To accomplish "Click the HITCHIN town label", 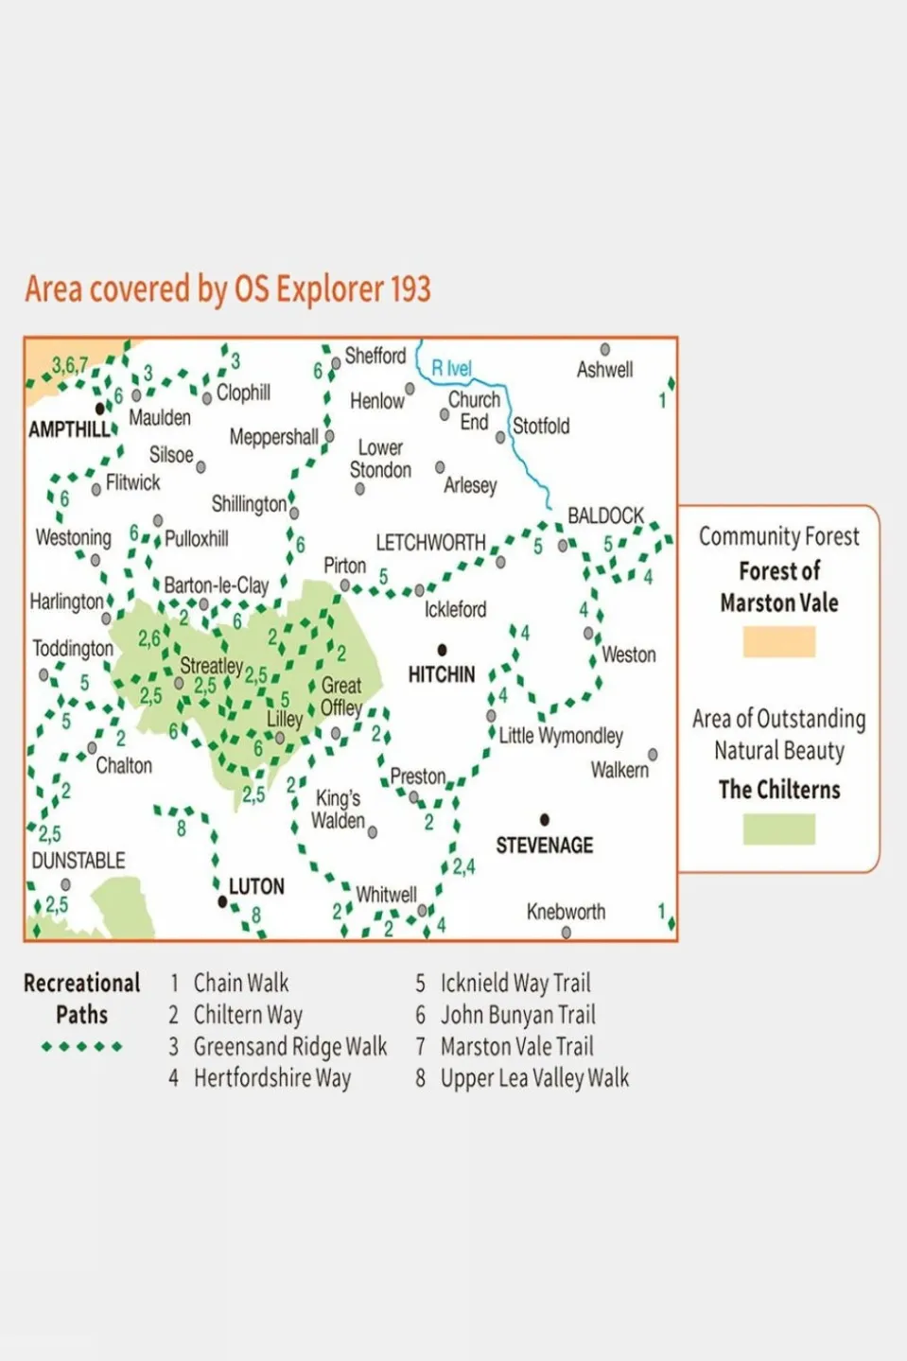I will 441,674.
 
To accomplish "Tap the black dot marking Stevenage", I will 545,820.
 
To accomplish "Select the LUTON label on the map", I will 256,886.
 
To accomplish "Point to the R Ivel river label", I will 451,368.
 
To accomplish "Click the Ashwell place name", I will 604,370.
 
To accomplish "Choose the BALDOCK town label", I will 605,515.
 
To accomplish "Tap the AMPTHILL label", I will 69,429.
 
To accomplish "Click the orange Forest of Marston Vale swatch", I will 778,641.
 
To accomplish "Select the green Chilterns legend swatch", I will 778,829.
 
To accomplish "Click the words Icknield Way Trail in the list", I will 515,984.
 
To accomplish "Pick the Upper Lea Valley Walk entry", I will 534,1078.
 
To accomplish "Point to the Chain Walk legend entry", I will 241,984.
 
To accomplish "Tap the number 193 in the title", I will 410,288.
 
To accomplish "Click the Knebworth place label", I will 566,912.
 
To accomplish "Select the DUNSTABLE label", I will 78,861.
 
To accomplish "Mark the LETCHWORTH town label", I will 430,543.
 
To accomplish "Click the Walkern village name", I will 619,770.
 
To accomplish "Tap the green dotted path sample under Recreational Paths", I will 82,1047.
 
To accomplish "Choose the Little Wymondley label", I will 561,736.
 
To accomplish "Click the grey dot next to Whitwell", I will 423,911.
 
